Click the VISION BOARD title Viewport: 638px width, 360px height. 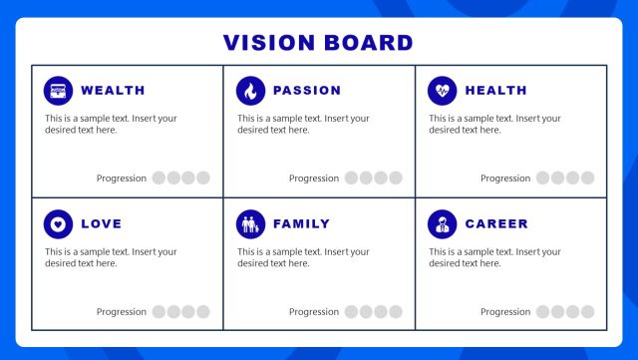coord(318,43)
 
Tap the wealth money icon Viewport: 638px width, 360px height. coord(58,91)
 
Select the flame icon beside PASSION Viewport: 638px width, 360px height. coord(250,91)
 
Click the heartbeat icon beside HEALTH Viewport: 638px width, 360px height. coord(442,91)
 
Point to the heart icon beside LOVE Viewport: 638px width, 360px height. coord(58,224)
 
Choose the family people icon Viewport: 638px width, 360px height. coord(250,224)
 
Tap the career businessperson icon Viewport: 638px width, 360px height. coord(442,224)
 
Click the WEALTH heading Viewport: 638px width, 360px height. coord(113,91)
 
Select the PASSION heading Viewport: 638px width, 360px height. coord(307,91)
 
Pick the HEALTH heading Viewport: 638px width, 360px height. coord(495,91)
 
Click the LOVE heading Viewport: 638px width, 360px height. coord(101,224)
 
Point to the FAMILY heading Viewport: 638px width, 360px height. coord(301,224)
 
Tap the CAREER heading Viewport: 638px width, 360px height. coord(496,224)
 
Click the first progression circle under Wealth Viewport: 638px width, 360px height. coord(159,179)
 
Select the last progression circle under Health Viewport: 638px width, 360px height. coord(587,179)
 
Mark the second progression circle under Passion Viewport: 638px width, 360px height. coord(366,179)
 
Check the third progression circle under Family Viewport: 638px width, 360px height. coord(381,312)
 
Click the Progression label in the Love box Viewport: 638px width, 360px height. coord(122,312)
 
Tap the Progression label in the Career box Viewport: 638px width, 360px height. coord(505,312)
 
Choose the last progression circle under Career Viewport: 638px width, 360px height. coord(587,312)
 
